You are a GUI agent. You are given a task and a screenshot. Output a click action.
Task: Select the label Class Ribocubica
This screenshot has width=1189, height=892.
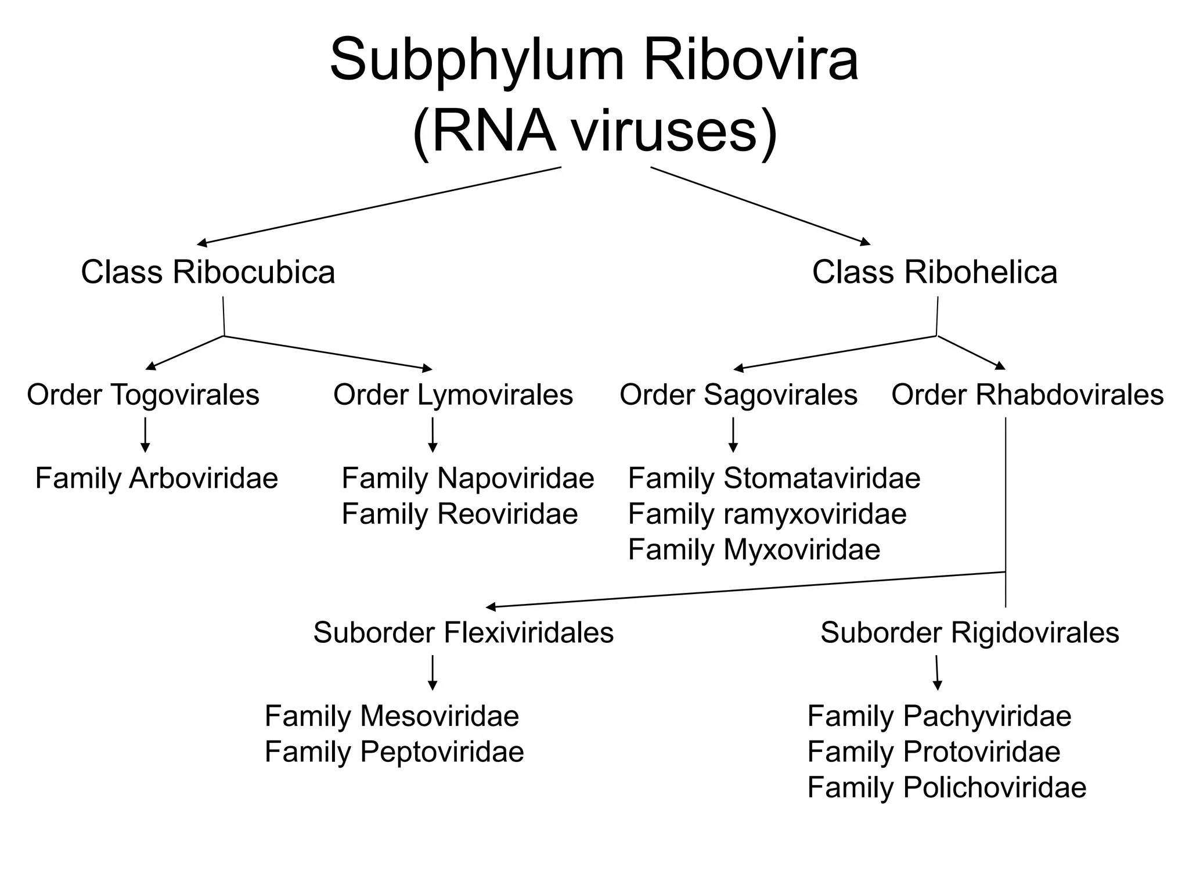click(x=208, y=272)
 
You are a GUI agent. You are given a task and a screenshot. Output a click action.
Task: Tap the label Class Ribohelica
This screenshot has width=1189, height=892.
click(x=935, y=272)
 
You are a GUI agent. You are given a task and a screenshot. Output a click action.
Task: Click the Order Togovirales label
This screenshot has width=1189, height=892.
click(x=143, y=395)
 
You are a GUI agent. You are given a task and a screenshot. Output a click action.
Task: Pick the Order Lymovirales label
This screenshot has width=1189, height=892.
click(x=453, y=395)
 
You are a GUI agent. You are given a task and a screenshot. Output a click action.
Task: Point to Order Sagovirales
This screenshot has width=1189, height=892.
click(x=738, y=395)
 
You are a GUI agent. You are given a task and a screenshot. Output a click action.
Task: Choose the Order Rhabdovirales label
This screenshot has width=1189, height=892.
click(x=1027, y=395)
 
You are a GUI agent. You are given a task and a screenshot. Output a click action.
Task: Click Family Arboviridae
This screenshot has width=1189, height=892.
click(x=157, y=479)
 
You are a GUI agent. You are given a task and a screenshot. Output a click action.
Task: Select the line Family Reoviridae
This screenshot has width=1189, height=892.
click(x=459, y=514)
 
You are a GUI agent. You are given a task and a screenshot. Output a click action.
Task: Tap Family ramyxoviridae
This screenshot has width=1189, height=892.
click(x=767, y=514)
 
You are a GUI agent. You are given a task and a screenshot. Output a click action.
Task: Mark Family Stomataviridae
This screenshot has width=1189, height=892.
click(x=774, y=479)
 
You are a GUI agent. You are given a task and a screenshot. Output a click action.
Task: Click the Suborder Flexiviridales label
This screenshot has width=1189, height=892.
click(x=463, y=632)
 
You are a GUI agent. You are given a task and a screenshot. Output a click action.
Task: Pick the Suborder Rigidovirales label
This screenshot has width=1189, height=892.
click(x=970, y=632)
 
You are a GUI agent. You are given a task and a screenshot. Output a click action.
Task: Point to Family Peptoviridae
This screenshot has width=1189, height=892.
click(x=394, y=751)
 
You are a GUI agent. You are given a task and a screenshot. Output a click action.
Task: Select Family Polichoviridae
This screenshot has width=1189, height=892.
click(x=946, y=787)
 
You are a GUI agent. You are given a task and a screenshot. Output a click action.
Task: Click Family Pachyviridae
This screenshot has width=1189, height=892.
click(x=939, y=716)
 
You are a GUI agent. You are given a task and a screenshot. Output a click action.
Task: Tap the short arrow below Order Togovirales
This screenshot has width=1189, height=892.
click(x=145, y=435)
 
